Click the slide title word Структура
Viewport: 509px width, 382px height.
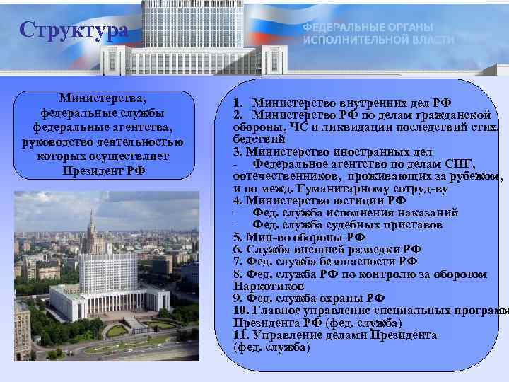point(74,30)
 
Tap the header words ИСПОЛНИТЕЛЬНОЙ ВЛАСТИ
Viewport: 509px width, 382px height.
point(378,40)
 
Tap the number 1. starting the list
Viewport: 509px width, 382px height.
point(239,103)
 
